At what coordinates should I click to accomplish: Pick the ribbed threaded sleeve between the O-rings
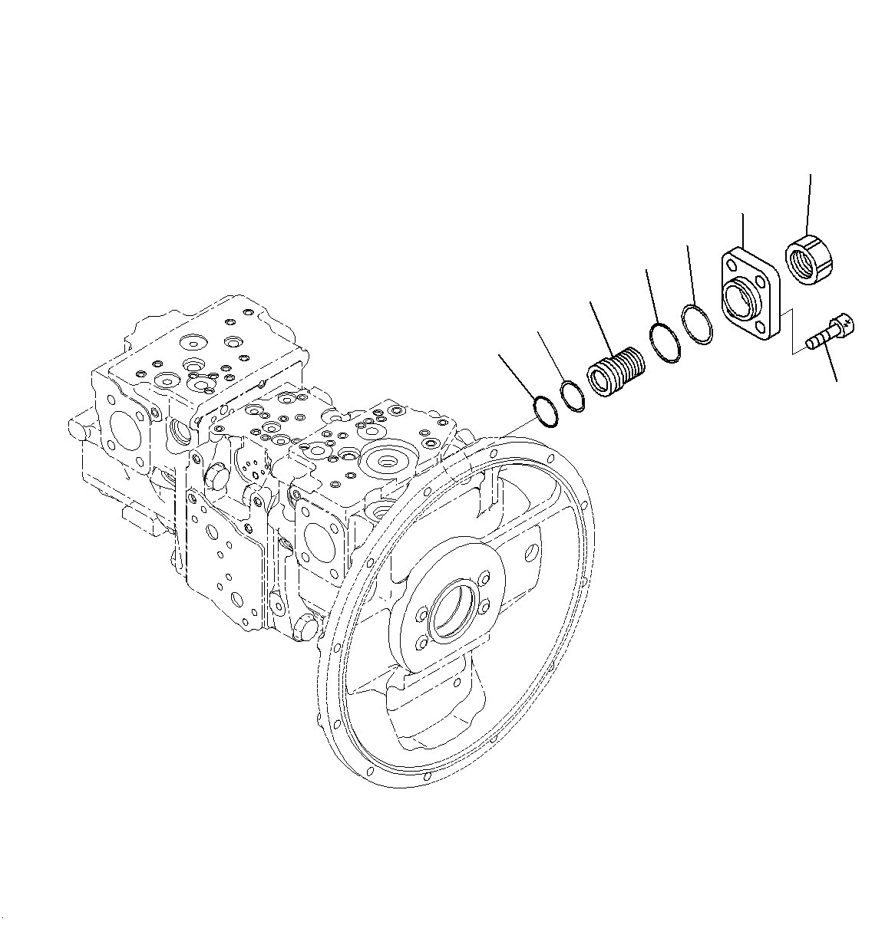coord(616,372)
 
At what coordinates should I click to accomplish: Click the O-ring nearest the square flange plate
coord(698,323)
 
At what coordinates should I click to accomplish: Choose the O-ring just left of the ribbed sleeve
coord(573,395)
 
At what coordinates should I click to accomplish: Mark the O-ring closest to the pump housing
coord(546,410)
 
